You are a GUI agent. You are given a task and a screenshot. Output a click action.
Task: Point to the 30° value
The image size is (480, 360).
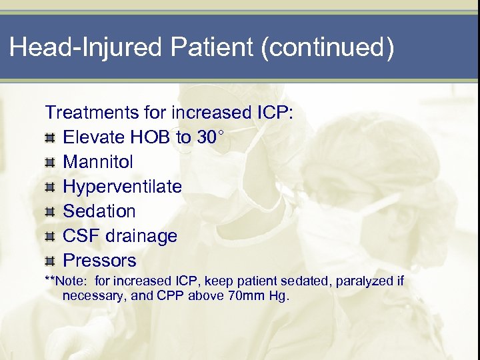coord(211,137)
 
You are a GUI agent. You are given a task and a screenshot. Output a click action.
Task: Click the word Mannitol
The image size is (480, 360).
coord(98,162)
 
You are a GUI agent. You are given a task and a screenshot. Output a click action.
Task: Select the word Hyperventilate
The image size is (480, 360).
coord(122,187)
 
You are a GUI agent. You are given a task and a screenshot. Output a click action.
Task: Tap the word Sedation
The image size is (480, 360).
coord(99,211)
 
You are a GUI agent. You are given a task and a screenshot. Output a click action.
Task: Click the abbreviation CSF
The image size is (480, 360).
coord(81,236)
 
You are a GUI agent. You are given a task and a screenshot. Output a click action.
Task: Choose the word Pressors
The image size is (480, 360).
coord(99,261)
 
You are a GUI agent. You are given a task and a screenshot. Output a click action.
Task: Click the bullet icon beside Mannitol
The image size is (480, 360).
coord(50,163)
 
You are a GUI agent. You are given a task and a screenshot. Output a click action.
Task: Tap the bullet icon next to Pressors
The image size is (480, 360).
coord(50,261)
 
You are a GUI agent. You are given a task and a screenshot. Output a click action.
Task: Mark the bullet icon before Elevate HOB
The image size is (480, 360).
coord(50,138)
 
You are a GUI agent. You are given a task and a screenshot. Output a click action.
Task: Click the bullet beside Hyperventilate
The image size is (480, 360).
coord(50,187)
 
